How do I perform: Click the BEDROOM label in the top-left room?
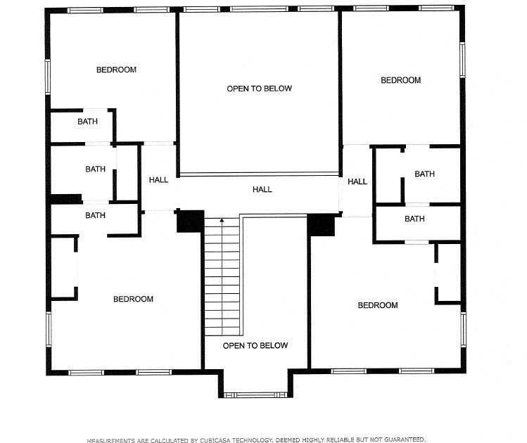tap(116, 70)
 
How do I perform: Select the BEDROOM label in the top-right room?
tap(400, 80)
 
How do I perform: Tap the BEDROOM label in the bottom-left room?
tap(133, 299)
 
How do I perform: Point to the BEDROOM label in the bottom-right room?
tap(378, 305)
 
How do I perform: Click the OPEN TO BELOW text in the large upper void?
tap(259, 89)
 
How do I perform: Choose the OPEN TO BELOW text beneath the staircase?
tap(255, 345)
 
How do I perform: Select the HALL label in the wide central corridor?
tap(262, 189)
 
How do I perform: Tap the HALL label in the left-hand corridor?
tap(158, 180)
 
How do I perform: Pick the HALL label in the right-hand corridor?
tap(357, 181)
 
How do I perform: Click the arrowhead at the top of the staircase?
tap(222, 221)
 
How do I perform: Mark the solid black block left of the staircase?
tap(190, 221)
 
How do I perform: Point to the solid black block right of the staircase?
tap(322, 225)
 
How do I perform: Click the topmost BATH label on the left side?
tap(87, 122)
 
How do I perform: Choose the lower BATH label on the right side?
tap(414, 219)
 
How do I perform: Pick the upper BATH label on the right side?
tap(424, 174)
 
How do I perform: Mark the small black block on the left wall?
tap(65, 199)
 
